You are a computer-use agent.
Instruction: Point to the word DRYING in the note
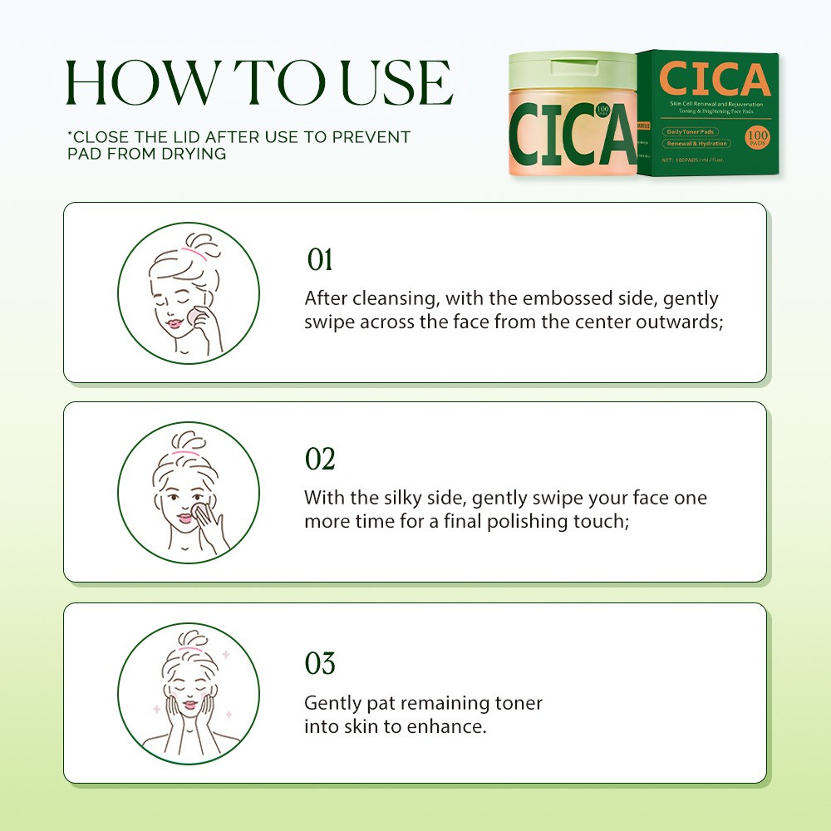[x=197, y=155]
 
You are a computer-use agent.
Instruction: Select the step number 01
[x=319, y=260]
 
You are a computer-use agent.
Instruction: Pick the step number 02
[x=320, y=459]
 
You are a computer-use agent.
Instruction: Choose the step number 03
[x=320, y=664]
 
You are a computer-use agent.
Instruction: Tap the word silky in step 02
[x=398, y=498]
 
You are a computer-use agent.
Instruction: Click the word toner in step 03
[x=517, y=703]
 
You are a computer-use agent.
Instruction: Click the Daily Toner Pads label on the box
[x=691, y=132]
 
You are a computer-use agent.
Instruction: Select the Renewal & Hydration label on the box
[x=696, y=144]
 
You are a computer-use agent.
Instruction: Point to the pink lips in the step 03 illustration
[x=189, y=705]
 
